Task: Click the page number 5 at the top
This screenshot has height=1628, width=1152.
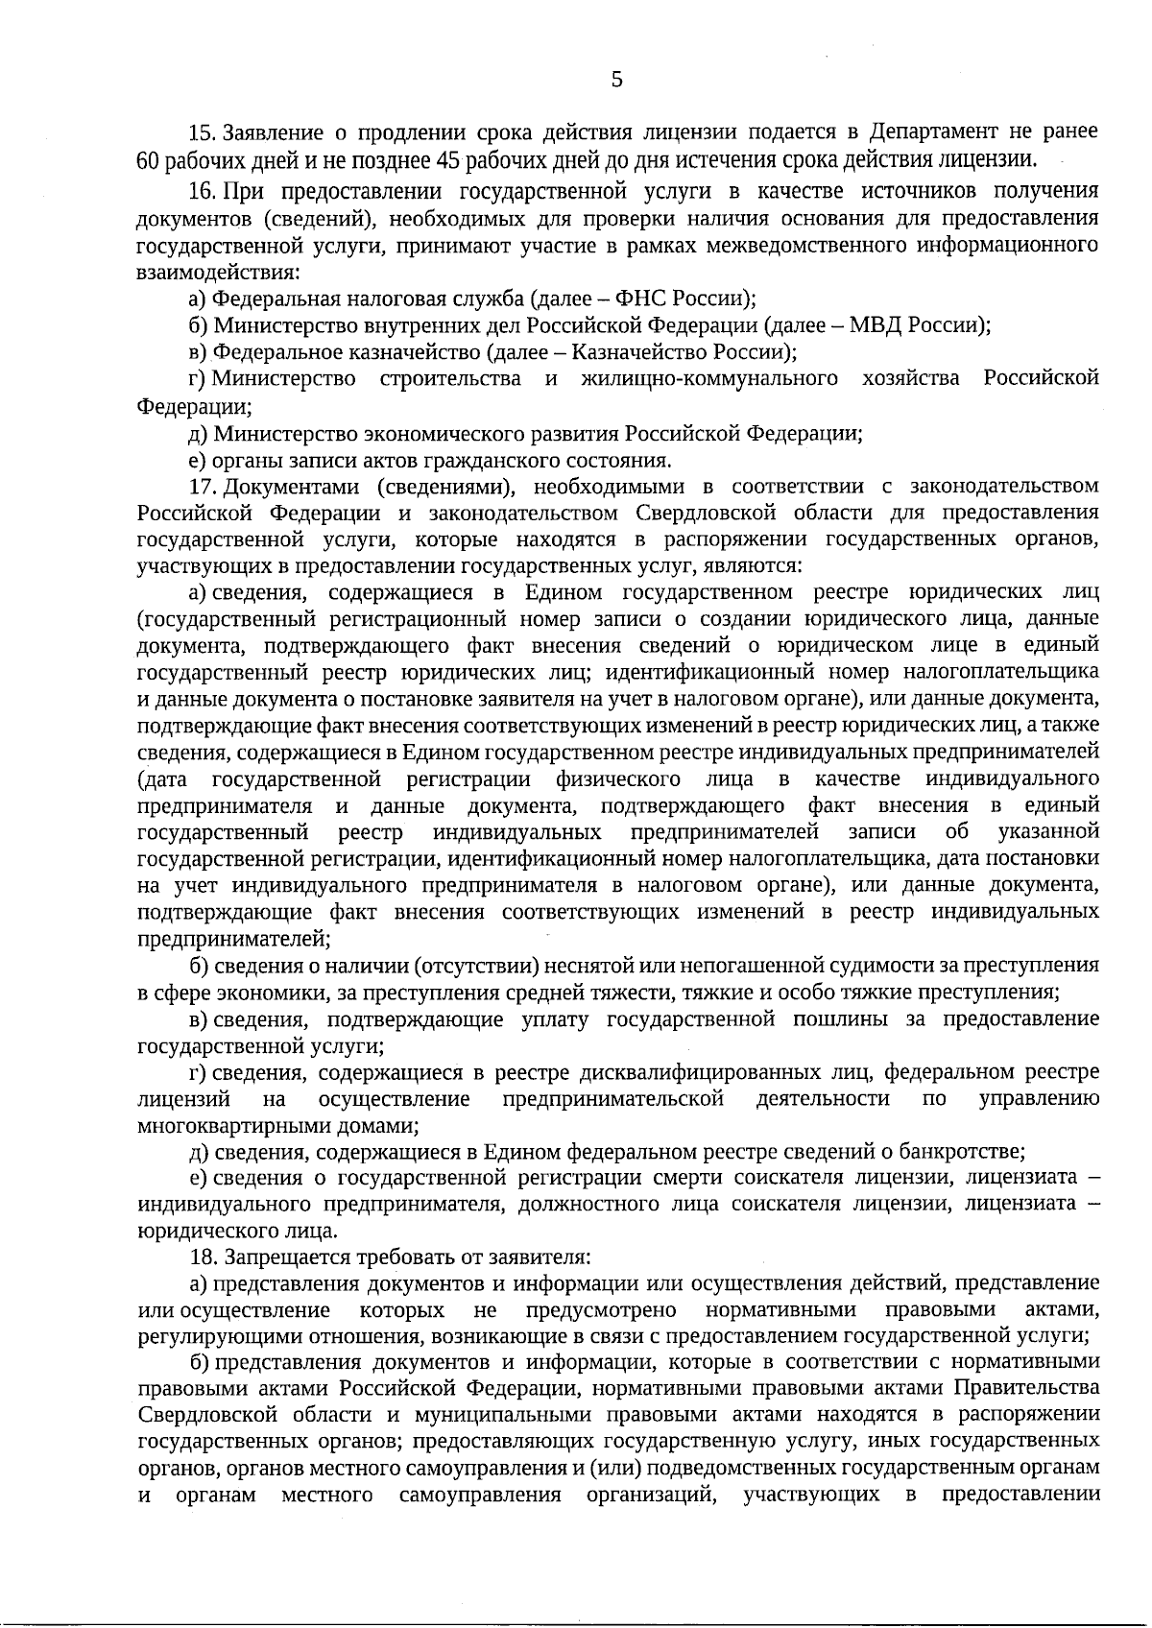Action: pyautogui.click(x=616, y=81)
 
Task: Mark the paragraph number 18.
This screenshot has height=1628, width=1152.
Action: pyautogui.click(x=203, y=1257)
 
